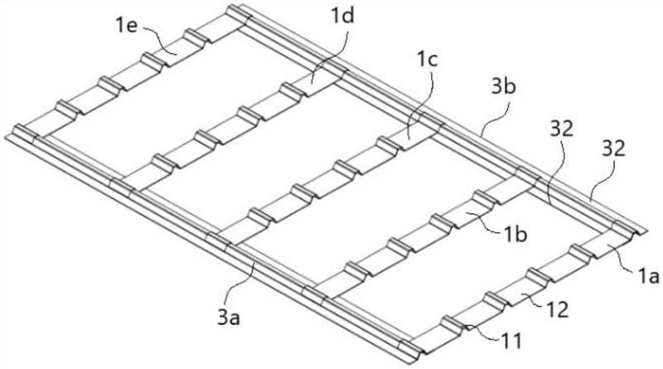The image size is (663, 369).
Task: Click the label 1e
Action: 126,26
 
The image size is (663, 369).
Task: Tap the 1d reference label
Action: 342,16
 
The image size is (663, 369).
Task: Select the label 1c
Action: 428,61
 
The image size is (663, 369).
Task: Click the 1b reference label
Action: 515,235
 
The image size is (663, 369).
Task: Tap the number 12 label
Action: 557,311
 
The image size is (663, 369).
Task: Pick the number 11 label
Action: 511,341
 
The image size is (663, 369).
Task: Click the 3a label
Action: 229,318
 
